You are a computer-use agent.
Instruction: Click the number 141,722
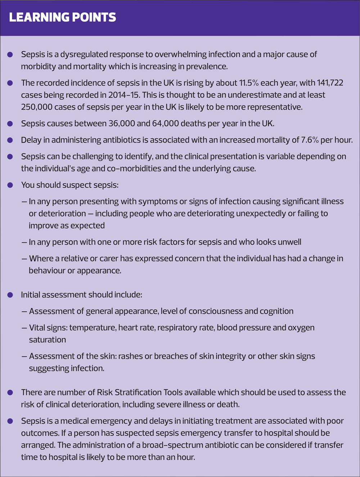pyautogui.click(x=330, y=83)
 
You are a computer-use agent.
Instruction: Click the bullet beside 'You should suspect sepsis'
pyautogui.click(x=10, y=185)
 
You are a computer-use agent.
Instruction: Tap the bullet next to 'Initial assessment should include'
pyautogui.click(x=10, y=295)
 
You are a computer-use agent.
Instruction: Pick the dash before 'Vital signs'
pyautogui.click(x=24, y=328)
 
